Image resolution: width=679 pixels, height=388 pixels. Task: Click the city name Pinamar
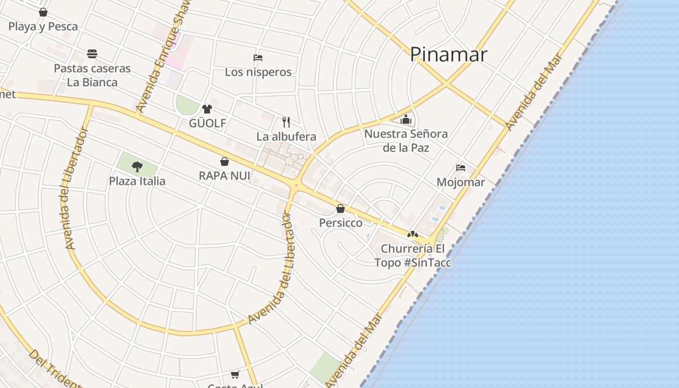449,54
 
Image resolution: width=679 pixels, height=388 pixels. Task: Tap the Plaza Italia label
137,181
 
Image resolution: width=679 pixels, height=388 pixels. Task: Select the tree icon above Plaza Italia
137,167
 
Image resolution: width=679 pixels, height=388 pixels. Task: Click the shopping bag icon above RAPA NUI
225,162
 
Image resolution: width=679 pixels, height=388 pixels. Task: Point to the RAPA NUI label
225,176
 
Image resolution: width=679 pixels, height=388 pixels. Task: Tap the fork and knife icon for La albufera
286,122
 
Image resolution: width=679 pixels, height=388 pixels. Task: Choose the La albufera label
286,137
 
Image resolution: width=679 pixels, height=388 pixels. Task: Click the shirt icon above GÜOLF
207,109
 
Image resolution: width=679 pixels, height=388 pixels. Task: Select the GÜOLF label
208,123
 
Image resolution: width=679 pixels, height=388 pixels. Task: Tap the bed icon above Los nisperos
258,58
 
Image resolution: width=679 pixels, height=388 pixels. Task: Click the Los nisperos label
258,72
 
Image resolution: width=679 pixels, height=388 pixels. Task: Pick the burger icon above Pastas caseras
92,53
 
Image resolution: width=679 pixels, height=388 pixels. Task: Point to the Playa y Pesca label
43,27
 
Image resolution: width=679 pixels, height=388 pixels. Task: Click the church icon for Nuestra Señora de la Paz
406,119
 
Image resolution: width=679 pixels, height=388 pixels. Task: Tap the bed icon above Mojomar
461,168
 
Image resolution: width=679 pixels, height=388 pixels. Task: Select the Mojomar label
461,182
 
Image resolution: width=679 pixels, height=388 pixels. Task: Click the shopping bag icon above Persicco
340,209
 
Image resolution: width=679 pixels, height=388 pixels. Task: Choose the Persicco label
340,223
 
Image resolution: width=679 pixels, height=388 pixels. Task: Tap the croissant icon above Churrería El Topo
413,234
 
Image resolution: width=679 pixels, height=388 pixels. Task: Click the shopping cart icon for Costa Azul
235,374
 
